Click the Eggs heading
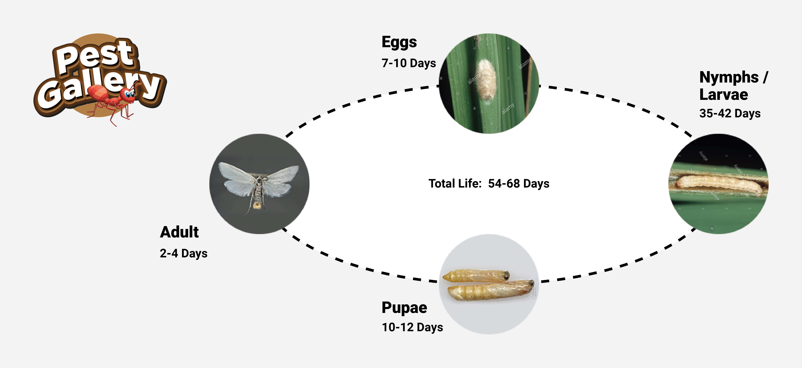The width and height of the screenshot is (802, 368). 399,42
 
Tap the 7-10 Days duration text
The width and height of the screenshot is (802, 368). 409,63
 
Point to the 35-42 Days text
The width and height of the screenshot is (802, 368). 730,113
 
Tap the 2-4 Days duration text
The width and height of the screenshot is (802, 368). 183,253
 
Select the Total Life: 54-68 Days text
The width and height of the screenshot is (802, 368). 489,184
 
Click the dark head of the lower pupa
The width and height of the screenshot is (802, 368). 531,284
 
